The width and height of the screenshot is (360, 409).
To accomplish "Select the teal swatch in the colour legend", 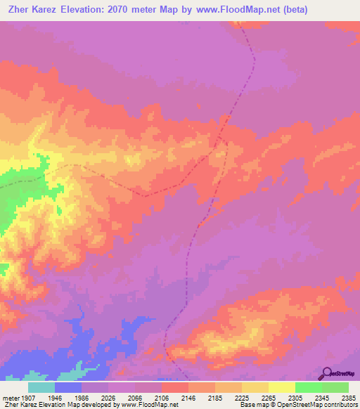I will point(41,387).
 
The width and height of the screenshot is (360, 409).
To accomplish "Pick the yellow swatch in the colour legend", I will point(282,387).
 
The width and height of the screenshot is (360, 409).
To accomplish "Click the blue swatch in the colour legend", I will point(68,387).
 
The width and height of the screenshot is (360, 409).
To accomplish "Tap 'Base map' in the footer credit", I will point(252,405).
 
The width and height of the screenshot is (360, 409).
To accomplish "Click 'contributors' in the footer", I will point(340,405).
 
